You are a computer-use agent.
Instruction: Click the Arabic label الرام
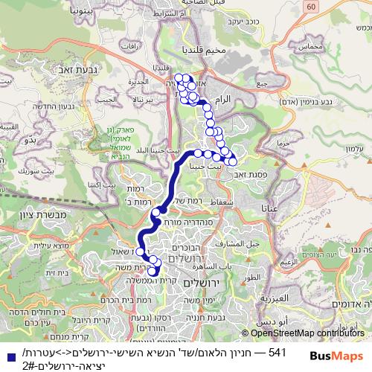coord(221,97)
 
